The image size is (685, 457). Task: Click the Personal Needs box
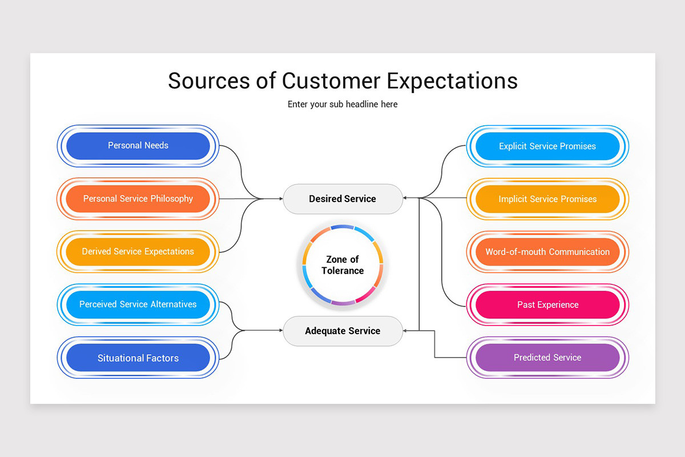click(138, 146)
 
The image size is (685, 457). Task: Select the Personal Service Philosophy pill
click(138, 199)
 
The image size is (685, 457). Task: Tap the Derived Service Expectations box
click(138, 251)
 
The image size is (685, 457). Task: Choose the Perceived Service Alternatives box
click(138, 304)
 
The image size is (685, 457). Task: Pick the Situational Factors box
click(138, 358)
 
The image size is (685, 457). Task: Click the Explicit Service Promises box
click(547, 146)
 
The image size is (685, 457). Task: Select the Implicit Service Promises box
click(547, 199)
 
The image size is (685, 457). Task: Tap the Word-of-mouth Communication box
click(547, 252)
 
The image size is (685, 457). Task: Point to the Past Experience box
click(547, 305)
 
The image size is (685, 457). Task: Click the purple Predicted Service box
click(547, 358)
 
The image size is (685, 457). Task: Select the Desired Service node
click(342, 199)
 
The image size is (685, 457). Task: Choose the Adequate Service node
click(342, 331)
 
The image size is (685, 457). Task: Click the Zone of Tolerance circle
click(342, 265)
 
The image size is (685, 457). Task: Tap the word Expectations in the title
click(452, 81)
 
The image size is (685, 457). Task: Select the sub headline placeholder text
click(342, 105)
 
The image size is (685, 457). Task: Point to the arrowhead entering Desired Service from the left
click(280, 199)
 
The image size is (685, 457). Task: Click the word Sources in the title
click(208, 81)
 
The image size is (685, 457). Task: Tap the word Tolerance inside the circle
click(342, 271)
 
